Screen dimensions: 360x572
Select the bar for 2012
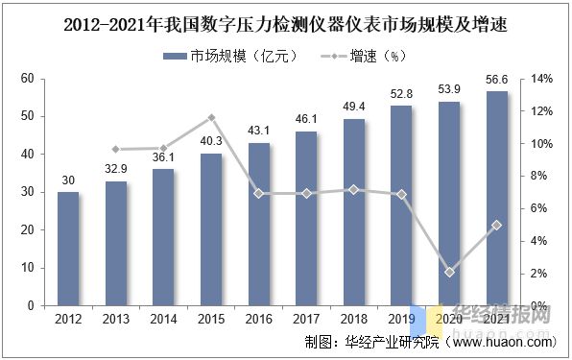68,249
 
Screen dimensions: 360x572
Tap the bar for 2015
211,229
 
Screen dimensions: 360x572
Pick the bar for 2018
354,212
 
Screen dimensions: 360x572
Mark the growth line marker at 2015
211,118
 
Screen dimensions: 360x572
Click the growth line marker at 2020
449,272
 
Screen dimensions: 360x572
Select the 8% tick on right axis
541,176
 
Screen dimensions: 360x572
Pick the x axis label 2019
401,319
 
